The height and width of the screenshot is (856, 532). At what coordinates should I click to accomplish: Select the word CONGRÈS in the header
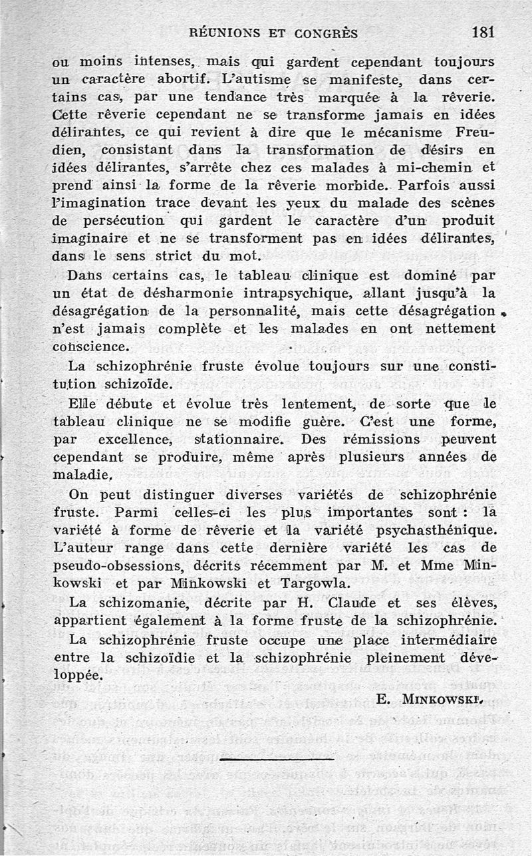326,33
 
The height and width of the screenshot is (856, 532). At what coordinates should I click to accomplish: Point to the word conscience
90,346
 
